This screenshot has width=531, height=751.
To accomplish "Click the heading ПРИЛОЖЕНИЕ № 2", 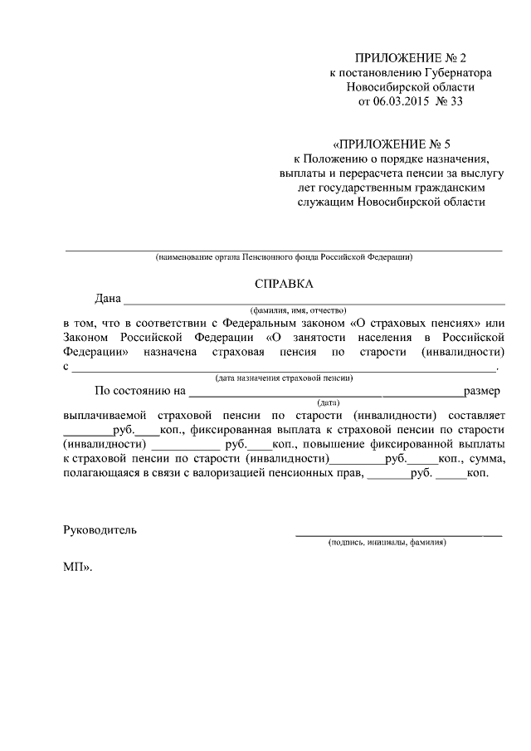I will click(411, 58).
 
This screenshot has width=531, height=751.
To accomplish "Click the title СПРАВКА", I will click(284, 284).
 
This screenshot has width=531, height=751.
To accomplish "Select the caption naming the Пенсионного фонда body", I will click(284, 257).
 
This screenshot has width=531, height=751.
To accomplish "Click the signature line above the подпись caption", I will click(398, 534).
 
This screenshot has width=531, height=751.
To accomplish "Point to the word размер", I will click(482, 390).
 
